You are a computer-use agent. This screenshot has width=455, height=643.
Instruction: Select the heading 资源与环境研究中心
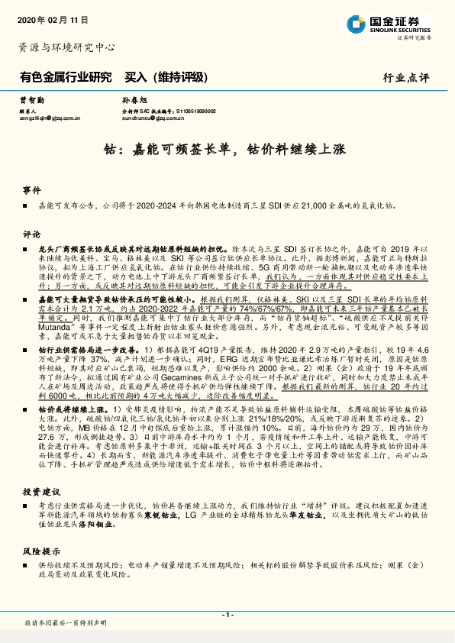[66, 47]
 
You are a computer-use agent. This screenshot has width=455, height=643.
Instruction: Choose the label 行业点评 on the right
[406, 79]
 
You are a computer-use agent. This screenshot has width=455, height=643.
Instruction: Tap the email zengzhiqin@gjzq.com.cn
[50, 119]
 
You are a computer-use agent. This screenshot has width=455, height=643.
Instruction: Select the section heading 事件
[31, 189]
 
